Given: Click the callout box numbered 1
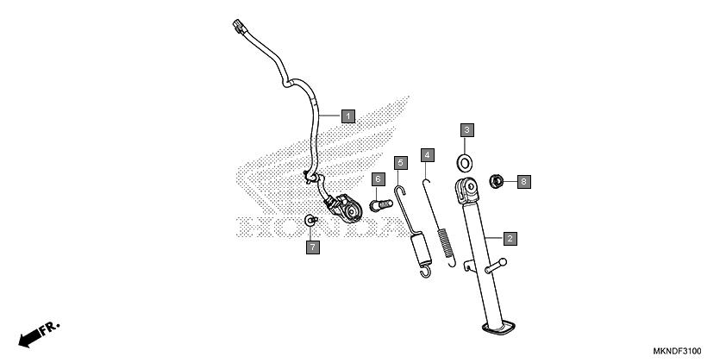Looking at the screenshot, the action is click(348, 116).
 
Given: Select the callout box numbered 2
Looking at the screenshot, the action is click(510, 239).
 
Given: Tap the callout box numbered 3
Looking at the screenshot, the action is click(466, 130).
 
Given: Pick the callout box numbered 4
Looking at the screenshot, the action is click(428, 155).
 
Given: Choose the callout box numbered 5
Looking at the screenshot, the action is click(401, 163).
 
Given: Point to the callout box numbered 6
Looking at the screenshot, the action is click(378, 179).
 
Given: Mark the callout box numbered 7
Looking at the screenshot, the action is click(313, 247).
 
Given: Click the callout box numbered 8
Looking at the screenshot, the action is click(523, 181).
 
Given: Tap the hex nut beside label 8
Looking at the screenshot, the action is click(497, 181).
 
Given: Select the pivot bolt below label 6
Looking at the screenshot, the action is click(381, 204).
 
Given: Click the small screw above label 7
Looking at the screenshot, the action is click(311, 220).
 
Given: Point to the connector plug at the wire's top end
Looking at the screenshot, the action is click(239, 26).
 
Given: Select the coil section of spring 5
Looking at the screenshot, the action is click(422, 249).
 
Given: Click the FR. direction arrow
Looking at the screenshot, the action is click(39, 335).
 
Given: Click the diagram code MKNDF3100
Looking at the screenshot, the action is click(677, 351).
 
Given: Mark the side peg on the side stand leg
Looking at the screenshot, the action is click(496, 266).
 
